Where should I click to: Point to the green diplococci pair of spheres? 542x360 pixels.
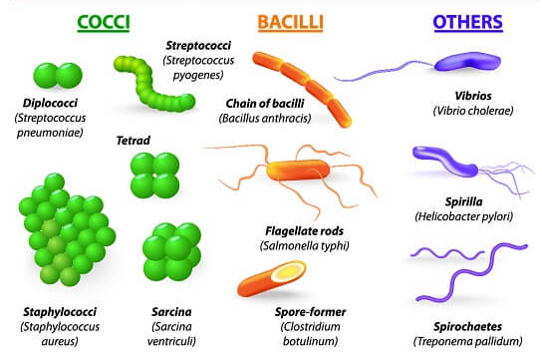click(57, 76)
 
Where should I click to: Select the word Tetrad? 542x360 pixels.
click(134, 141)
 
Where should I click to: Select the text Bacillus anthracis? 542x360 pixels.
click(265, 118)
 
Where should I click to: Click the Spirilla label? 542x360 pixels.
click(458, 200)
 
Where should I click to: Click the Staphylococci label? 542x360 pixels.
click(53, 310)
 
